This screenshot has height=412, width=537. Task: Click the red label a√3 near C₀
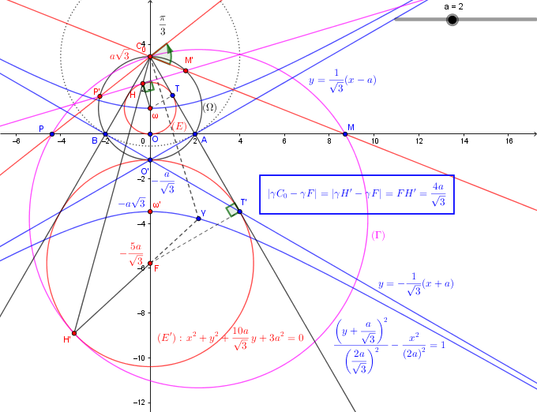119,56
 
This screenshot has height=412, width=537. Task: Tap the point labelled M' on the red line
186,71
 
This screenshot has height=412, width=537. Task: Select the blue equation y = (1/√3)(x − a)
342,81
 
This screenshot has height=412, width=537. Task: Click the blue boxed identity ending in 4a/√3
357,194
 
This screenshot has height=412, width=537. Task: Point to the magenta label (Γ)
378,235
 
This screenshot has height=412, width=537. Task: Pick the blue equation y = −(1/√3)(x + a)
415,286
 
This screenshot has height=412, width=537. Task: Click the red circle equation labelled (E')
230,337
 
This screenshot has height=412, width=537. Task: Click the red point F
150,264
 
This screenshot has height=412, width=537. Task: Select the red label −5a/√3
132,253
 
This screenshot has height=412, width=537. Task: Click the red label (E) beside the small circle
179,126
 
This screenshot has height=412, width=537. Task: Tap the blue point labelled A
195,134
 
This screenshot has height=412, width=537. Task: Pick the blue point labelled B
104,134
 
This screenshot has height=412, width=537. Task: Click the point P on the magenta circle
51,136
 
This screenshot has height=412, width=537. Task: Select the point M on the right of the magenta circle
346,134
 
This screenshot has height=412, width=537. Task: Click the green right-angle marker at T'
232,210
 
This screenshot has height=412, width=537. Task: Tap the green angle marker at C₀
163,54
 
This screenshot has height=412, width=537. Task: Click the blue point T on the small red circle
172,94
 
